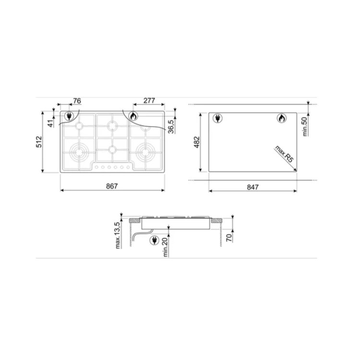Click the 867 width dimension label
point(112,186)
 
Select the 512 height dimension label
point(39,142)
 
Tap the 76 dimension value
point(77,101)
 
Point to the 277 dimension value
point(149,101)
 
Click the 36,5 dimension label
point(171,127)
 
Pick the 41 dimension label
point(51,123)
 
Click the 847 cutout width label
point(253,187)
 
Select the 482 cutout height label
point(197,142)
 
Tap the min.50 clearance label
point(304,127)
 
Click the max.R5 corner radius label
point(284,154)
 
